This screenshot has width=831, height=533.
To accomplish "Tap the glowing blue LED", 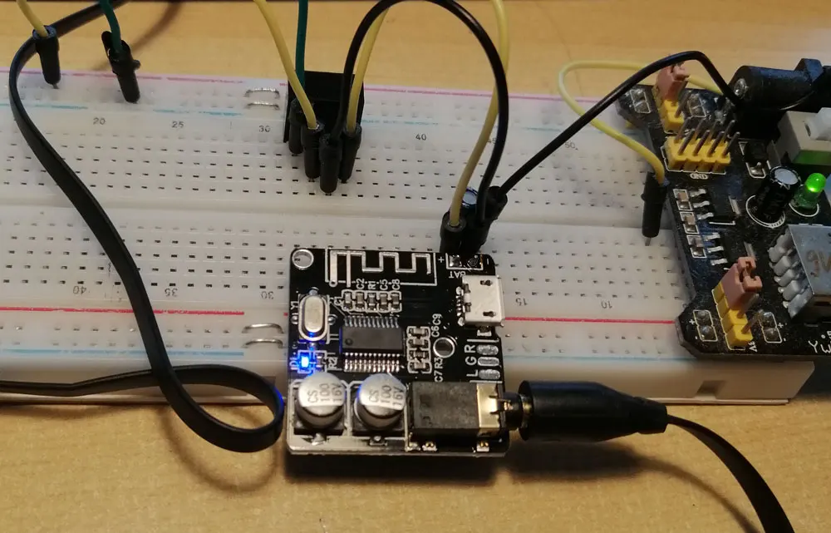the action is point(306,360).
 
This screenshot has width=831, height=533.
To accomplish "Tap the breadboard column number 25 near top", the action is point(177,125).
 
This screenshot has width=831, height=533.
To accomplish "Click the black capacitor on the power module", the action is point(780,185).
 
